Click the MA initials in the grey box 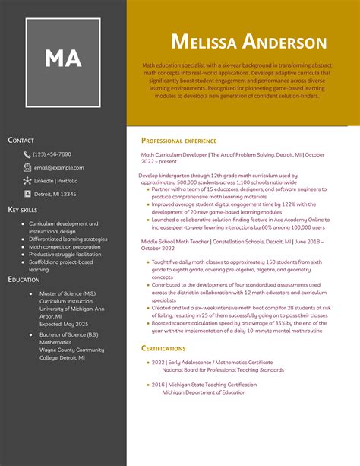(63, 59)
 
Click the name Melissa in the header (213, 43)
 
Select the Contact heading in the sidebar (21, 140)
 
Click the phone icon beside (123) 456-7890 (27, 154)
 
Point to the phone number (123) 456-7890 (52, 154)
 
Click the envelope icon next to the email (27, 167)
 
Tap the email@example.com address (59, 167)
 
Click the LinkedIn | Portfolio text (55, 181)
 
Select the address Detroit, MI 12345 (55, 194)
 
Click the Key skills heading (23, 209)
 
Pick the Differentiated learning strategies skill (68, 239)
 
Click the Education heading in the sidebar (24, 279)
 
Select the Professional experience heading (179, 141)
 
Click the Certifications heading (163, 347)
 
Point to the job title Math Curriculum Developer (174, 154)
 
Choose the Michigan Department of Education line (204, 392)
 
